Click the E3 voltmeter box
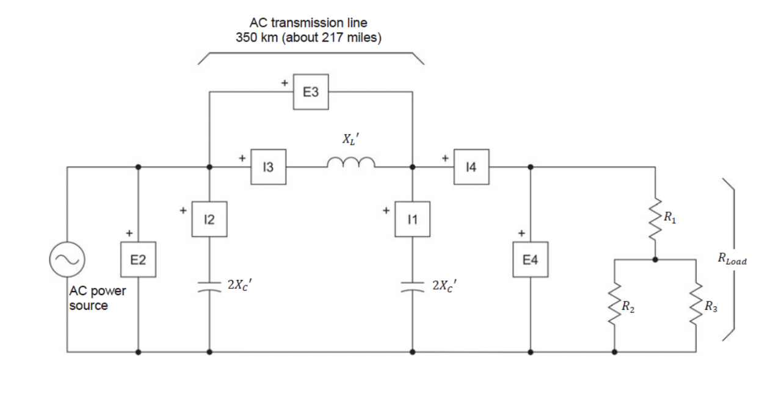point(311,92)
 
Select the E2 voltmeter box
point(139,260)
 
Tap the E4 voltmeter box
point(531,260)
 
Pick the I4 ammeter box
point(471,167)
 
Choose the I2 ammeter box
point(209,219)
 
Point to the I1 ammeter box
point(413,219)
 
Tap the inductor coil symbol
point(350,163)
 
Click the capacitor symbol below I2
point(209,287)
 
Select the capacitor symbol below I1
point(413,287)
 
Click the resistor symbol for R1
point(655,215)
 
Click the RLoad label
point(731,260)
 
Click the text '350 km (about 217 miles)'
point(308,37)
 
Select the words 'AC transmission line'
point(308,23)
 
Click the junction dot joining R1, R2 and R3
point(655,259)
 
